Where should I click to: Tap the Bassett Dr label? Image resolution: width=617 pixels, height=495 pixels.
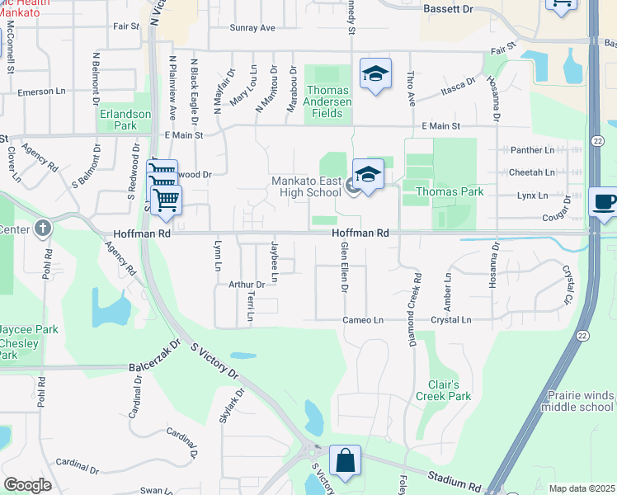click(449, 8)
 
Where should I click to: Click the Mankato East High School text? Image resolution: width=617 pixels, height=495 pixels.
click(307, 186)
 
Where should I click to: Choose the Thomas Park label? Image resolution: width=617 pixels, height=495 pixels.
click(449, 191)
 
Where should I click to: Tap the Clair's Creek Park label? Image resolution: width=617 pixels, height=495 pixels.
click(449, 390)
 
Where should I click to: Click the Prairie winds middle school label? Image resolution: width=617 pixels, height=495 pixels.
click(580, 401)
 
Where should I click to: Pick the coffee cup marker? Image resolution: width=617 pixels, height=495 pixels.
click(605, 202)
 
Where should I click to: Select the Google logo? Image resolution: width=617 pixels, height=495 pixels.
click(27, 485)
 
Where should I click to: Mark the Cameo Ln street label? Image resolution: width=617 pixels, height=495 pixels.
click(364, 320)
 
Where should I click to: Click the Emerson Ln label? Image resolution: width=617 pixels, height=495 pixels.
click(41, 92)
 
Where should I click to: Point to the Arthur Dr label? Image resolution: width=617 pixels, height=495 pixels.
click(247, 285)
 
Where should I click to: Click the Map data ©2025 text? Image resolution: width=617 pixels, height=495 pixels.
click(582, 488)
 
